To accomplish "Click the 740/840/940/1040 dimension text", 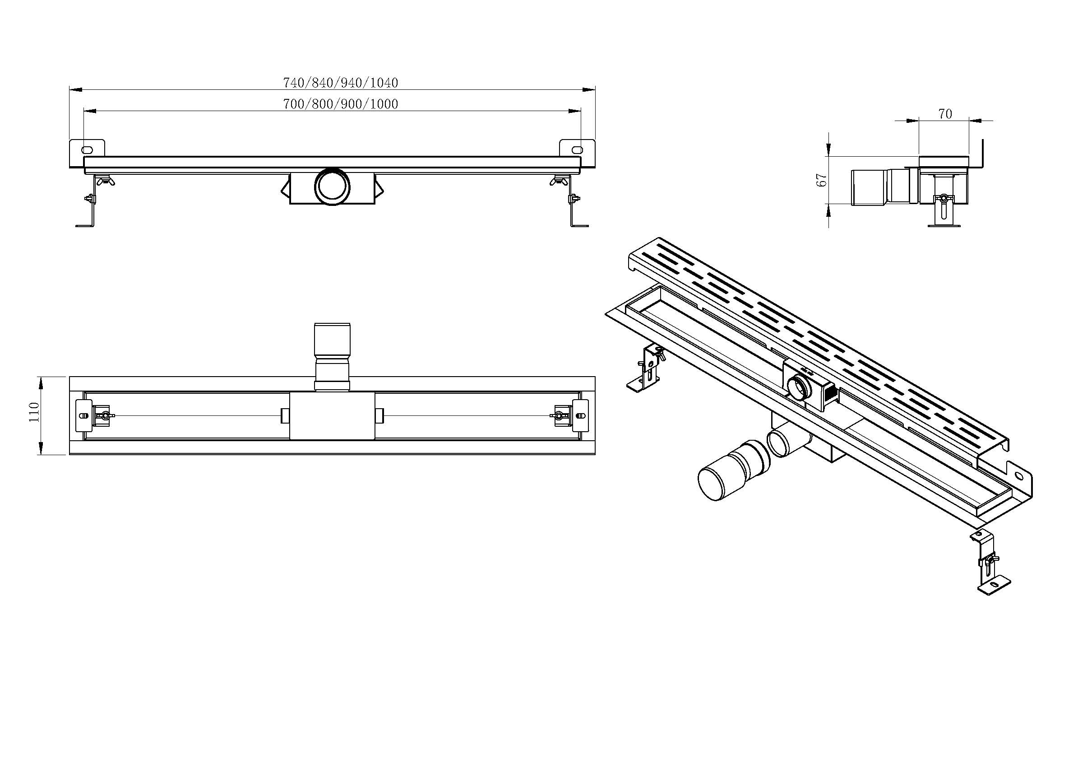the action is click(340, 83).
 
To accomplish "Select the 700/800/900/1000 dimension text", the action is click(340, 104).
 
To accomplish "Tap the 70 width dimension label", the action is click(944, 114).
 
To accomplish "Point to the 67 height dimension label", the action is click(822, 179).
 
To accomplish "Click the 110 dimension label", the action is click(34, 412).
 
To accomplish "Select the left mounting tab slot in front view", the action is click(88, 149).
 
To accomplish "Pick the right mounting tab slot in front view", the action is click(577, 149).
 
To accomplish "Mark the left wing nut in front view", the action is click(104, 181).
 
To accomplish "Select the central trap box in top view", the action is click(333, 416).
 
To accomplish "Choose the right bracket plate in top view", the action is click(581, 415).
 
